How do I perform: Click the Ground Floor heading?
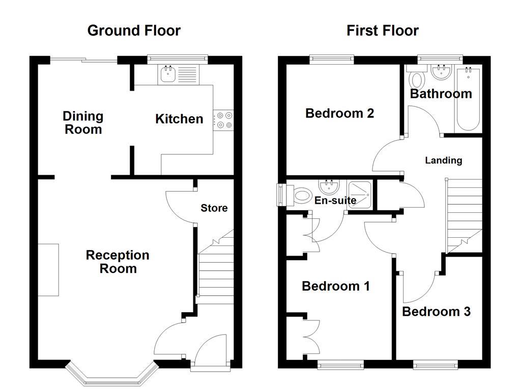(134, 31)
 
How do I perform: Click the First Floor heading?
(383, 31)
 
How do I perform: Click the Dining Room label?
(83, 123)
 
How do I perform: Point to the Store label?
(214, 208)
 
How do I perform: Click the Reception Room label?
(118, 262)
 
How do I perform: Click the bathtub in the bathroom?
(469, 99)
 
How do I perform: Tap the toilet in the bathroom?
(417, 80)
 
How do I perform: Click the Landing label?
(444, 160)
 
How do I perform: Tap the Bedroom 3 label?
(436, 311)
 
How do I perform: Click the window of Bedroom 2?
(332, 59)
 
